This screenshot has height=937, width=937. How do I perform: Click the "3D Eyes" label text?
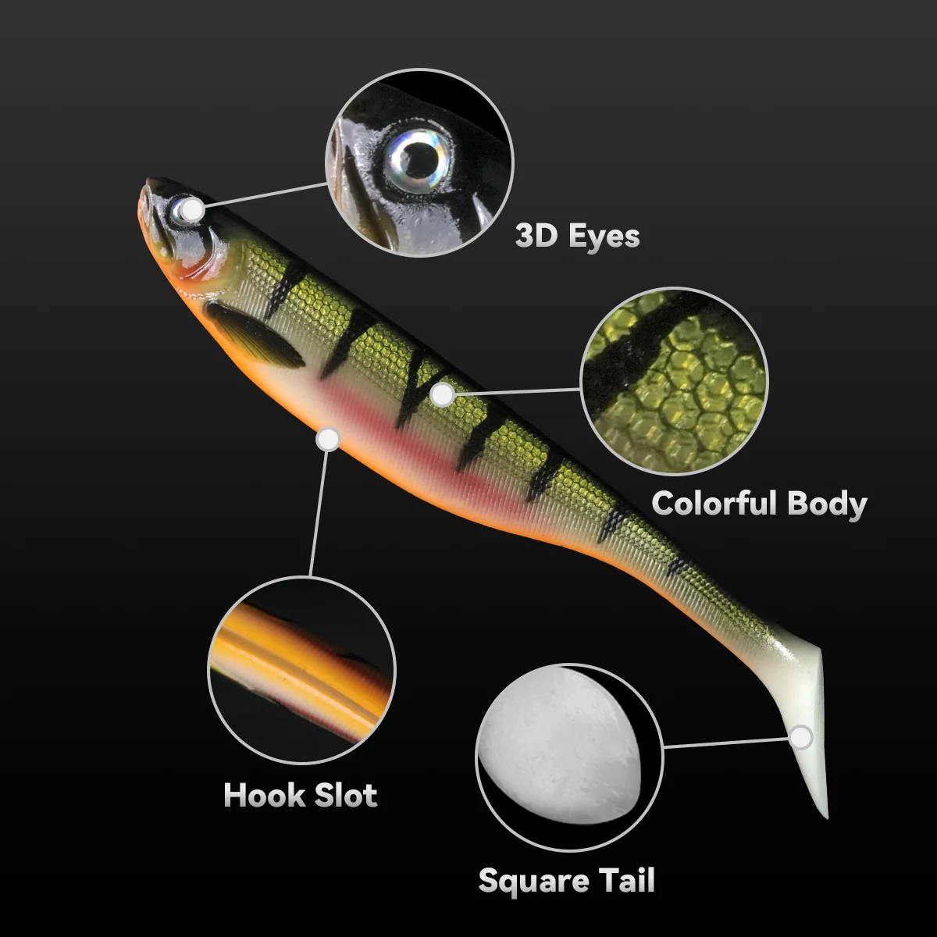point(577,236)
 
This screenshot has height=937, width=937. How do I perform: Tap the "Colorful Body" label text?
point(759,503)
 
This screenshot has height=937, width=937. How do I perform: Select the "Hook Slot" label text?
point(301,795)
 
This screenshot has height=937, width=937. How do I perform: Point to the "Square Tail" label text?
point(566,880)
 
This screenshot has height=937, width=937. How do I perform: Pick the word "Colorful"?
point(714,503)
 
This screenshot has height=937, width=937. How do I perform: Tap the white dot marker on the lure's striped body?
point(442,394)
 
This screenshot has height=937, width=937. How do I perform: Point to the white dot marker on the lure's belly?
point(328,440)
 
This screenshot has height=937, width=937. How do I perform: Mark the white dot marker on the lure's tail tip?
point(801,736)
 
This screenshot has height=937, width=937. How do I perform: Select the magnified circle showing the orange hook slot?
point(301,671)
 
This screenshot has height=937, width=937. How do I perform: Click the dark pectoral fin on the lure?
point(254,334)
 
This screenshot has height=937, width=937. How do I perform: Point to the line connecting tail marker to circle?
point(726,743)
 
